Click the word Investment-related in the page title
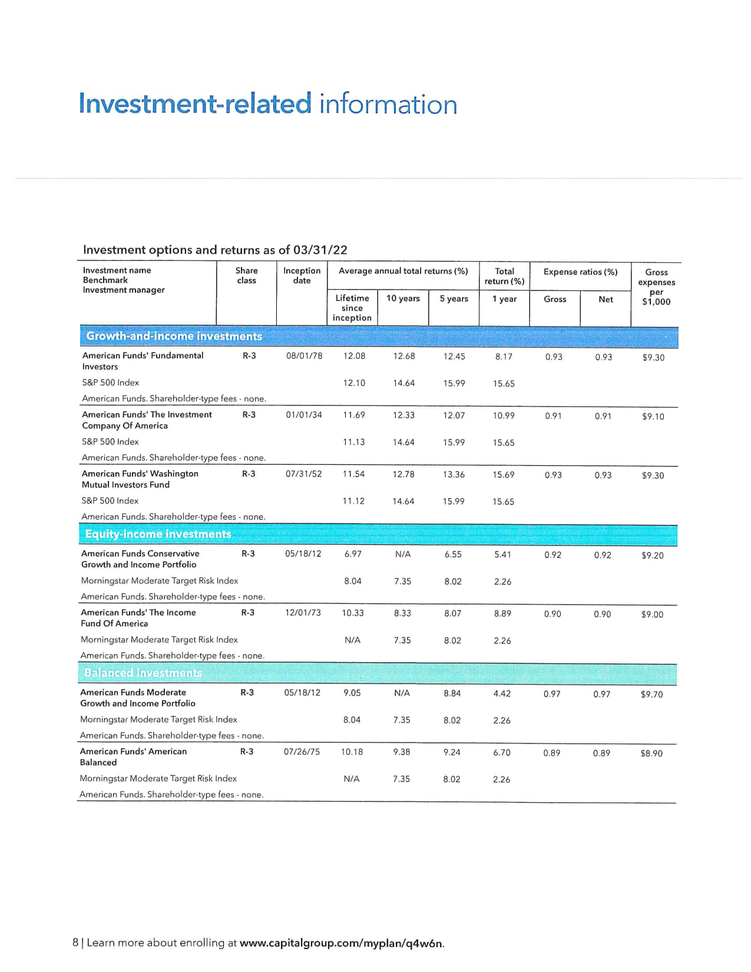pyautogui.click(x=195, y=104)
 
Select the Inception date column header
pyautogui.click(x=302, y=275)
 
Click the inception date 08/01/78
pyautogui.click(x=304, y=356)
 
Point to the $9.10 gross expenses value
pyautogui.click(x=653, y=416)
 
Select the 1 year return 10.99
pyautogui.click(x=504, y=415)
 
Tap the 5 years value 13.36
pyautogui.click(x=454, y=474)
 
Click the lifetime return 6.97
pyautogui.click(x=353, y=554)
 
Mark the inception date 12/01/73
pyautogui.click(x=303, y=613)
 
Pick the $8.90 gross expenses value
pyautogui.click(x=651, y=753)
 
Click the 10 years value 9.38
pyautogui.click(x=401, y=752)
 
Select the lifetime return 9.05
pyautogui.click(x=352, y=693)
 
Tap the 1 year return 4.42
pyautogui.click(x=502, y=693)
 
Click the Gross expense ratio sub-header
pyautogui.click(x=555, y=299)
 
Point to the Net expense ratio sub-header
pyautogui.click(x=606, y=299)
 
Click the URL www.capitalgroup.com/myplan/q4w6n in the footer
pyautogui.click(x=341, y=943)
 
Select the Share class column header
pyautogui.click(x=246, y=275)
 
